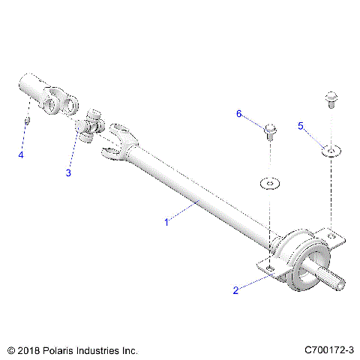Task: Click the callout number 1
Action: (166, 222)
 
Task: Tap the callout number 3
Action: (68, 173)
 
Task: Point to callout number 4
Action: (22, 154)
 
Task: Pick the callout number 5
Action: (301, 126)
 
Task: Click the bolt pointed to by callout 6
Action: (268, 133)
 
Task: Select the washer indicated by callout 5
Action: (330, 152)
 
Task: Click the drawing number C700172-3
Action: (330, 350)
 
